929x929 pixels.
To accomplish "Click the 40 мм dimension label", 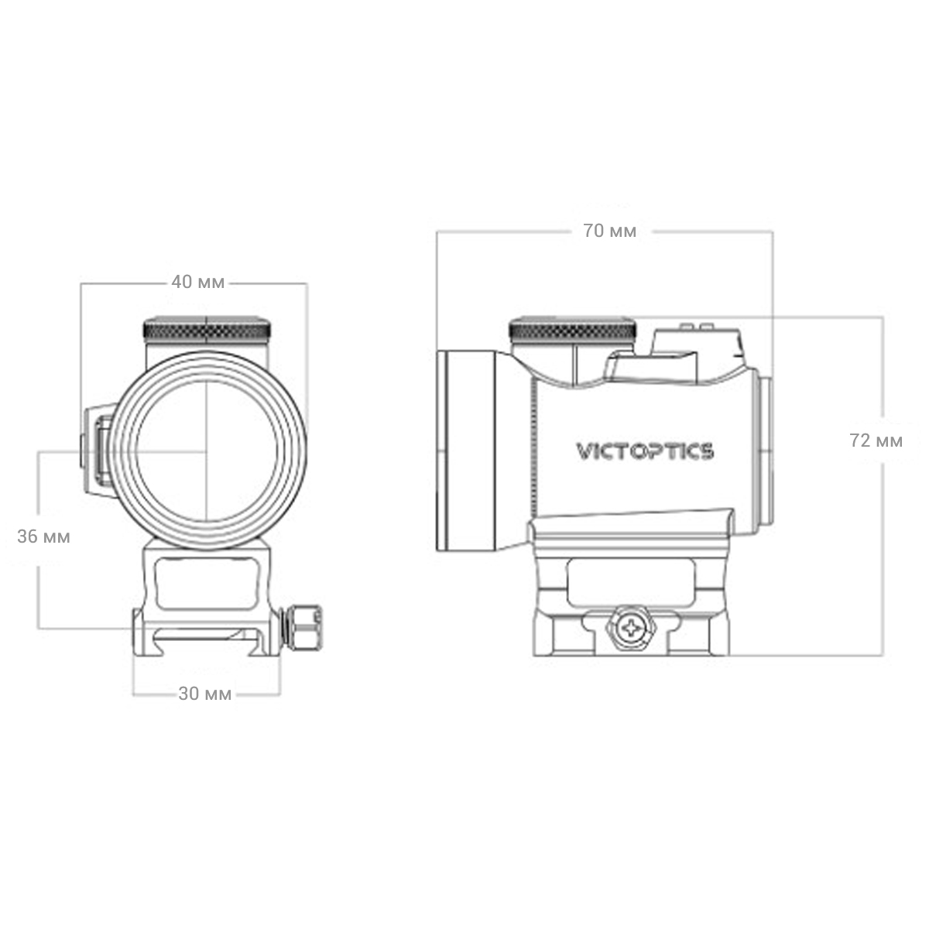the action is coord(198,282).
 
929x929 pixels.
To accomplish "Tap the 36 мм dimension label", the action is coord(43,536).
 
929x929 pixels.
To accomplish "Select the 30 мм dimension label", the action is coord(205,694).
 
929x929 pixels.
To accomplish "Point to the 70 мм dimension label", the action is coord(610,231).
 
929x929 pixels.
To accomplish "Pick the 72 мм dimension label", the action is coord(876,441).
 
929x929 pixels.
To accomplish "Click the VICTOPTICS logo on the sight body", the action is coord(645,451).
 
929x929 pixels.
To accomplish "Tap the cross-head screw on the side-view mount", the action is coord(631,628).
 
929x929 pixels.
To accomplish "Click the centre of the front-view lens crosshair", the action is coord(207,451).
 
